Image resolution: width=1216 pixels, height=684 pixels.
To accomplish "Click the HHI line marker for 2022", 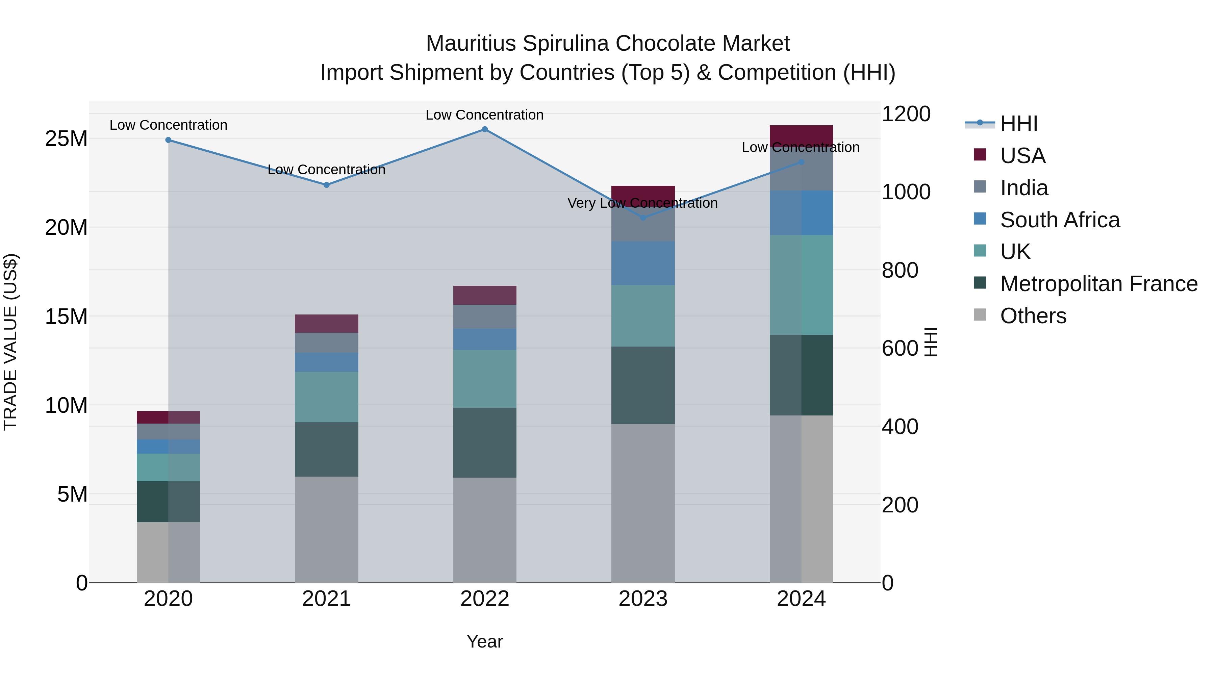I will pyautogui.click(x=484, y=129).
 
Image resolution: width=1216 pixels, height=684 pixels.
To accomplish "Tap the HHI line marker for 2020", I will pyautogui.click(x=168, y=140).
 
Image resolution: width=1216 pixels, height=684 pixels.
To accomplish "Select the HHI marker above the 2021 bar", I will pyautogui.click(x=326, y=185).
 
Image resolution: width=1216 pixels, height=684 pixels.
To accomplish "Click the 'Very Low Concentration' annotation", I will pyautogui.click(x=642, y=203).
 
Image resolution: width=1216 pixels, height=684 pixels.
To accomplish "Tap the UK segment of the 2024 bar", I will pyautogui.click(x=801, y=285).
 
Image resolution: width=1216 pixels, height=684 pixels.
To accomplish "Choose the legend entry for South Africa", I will pyautogui.click(x=1059, y=220).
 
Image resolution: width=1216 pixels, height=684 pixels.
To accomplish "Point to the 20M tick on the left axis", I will pyautogui.click(x=66, y=228).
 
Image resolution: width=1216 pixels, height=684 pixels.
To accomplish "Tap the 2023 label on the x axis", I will pyautogui.click(x=642, y=599).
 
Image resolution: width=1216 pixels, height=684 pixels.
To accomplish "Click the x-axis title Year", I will pyautogui.click(x=484, y=641).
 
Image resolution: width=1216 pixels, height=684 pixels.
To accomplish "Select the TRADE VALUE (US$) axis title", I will pyautogui.click(x=10, y=342).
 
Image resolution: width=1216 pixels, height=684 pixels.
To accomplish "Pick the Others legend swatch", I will pyautogui.click(x=980, y=315).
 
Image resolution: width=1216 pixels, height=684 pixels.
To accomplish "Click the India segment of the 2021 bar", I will pyautogui.click(x=326, y=343).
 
